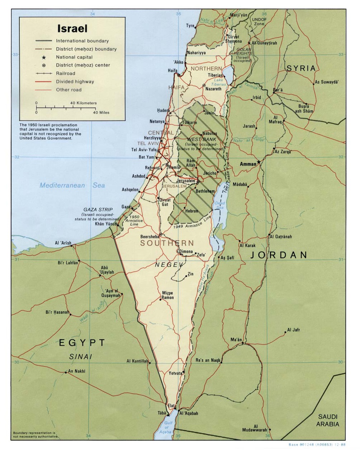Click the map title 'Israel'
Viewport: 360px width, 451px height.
pos(72,29)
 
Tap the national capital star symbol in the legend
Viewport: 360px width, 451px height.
pos(43,57)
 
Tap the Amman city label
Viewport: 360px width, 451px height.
pos(248,164)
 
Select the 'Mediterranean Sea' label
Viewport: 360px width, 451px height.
pos(72,186)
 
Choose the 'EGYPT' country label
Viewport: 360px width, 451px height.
pos(82,342)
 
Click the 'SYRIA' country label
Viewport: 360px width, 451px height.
pos(302,68)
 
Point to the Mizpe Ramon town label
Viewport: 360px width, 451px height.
pos(168,295)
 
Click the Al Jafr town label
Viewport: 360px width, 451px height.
pos(293,330)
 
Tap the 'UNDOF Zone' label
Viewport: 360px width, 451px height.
pos(259,21)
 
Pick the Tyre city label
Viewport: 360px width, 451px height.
pos(190,26)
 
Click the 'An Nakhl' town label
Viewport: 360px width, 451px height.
pos(77,371)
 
